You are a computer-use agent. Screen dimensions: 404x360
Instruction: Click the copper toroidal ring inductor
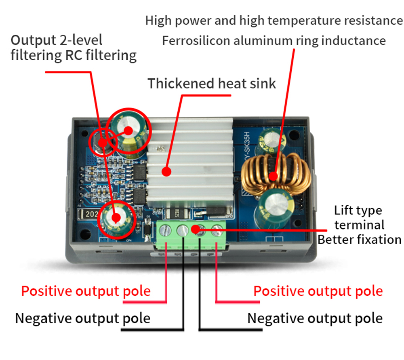[x=276, y=175]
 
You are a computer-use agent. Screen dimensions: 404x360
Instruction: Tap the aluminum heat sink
[x=191, y=162]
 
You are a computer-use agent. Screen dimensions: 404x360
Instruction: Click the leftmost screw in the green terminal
[x=165, y=230]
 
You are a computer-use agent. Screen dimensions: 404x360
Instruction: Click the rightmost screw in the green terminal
[x=217, y=230]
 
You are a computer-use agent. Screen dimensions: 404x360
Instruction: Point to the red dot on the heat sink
[x=166, y=172]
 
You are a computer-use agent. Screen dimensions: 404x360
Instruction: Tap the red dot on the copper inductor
[x=274, y=177]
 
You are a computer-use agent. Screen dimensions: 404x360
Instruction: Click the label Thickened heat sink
[x=212, y=84]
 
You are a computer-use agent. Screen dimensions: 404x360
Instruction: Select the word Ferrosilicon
[x=196, y=41]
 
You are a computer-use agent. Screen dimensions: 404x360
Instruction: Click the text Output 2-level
[x=57, y=40]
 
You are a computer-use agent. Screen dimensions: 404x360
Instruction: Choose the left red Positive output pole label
[x=86, y=291]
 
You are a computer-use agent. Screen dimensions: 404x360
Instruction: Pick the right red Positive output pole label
[x=318, y=291]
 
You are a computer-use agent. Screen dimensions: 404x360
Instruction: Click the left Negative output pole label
[x=83, y=318]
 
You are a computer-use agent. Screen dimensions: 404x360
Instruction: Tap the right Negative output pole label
[x=315, y=318]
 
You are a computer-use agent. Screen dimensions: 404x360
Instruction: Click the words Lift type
[x=358, y=211]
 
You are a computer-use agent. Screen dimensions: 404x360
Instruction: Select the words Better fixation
[x=360, y=240]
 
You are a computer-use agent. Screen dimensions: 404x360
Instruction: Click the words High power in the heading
[x=178, y=21]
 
